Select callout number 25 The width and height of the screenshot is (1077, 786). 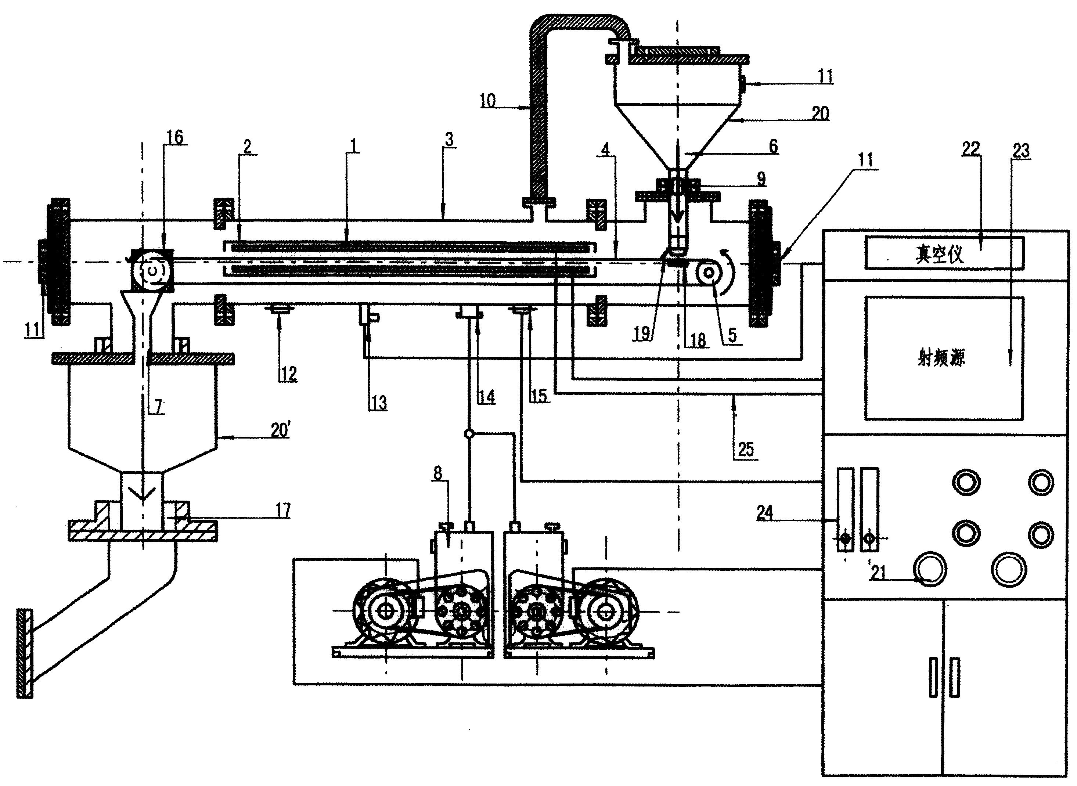coord(746,449)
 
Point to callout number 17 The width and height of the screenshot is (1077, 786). coord(283,511)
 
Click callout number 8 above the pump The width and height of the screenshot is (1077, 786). coord(437,473)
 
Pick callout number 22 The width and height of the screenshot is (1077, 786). coord(971,149)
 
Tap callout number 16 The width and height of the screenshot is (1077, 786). coord(174,137)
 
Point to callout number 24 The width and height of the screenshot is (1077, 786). coord(765,513)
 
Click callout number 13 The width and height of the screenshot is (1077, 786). coord(379,403)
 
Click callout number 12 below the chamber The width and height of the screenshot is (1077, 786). coord(289,374)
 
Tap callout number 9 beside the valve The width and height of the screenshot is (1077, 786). coord(761,179)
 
